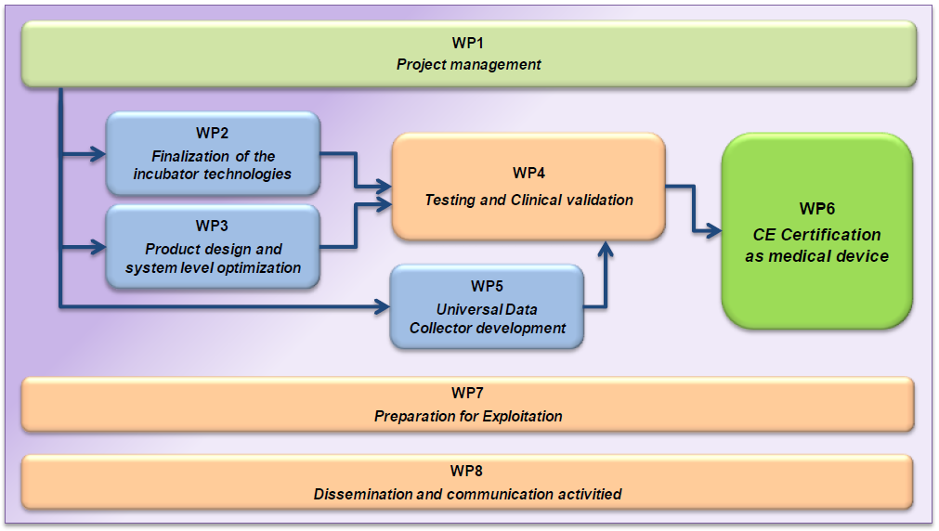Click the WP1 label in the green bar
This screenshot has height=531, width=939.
[468, 44]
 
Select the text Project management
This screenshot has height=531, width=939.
[468, 65]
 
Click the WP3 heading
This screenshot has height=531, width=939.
[212, 227]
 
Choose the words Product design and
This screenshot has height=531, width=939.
[213, 249]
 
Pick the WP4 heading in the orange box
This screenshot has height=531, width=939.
[528, 174]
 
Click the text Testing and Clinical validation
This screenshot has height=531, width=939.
[528, 200]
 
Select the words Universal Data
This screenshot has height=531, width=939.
[487, 309]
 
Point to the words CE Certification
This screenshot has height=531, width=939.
[816, 235]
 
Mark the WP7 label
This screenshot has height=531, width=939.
[468, 393]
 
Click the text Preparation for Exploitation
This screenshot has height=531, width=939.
[468, 416]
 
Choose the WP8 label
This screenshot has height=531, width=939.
[468, 471]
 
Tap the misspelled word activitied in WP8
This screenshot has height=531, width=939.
[588, 494]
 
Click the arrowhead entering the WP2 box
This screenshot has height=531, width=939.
[98, 154]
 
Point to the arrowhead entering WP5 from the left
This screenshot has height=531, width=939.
[382, 304]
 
